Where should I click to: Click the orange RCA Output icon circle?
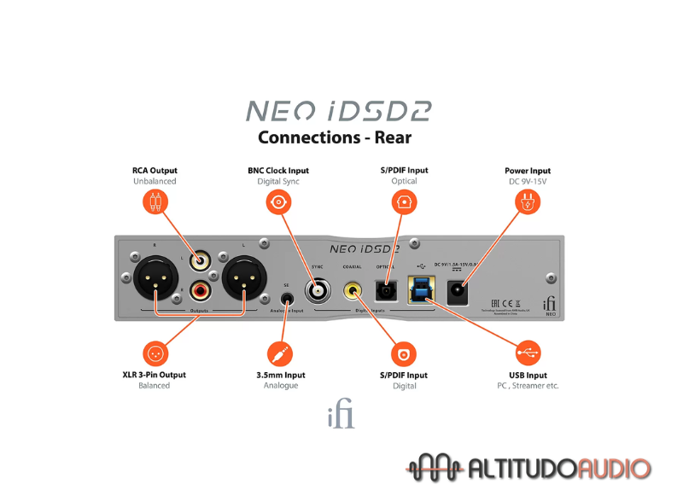click(155, 201)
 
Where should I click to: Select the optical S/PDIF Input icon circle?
click(404, 201)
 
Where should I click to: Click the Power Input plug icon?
click(528, 202)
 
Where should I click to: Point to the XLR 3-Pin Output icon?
click(155, 353)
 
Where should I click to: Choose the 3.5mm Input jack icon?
click(280, 353)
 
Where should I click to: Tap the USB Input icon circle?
click(528, 353)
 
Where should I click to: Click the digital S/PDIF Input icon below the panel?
click(404, 353)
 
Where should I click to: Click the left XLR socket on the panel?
click(157, 278)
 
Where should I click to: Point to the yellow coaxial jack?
click(352, 291)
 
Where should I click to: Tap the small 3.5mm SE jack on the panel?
click(287, 298)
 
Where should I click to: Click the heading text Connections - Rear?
click(334, 137)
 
